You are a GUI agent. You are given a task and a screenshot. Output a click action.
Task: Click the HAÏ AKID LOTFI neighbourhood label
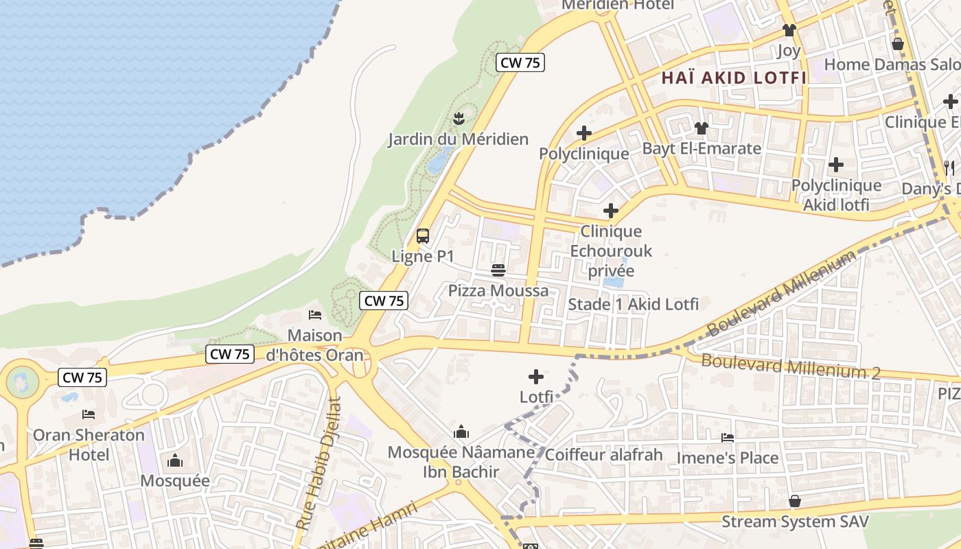tap(734, 78)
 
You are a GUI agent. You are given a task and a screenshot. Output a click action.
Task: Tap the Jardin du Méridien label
tap(458, 139)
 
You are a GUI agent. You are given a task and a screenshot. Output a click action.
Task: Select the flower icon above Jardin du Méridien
tap(459, 117)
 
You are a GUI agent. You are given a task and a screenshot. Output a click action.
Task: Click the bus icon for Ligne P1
tap(423, 236)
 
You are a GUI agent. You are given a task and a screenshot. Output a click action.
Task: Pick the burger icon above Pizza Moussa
tap(498, 270)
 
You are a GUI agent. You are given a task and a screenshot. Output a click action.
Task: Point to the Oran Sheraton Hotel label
tap(89, 444)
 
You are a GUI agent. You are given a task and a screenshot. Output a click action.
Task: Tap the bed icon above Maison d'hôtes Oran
tap(315, 315)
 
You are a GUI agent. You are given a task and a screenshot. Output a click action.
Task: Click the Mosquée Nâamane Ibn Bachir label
tap(461, 462)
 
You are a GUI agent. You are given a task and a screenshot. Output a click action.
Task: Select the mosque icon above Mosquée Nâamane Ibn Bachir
tap(461, 432)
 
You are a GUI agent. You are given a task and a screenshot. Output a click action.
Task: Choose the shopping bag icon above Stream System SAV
tap(795, 501)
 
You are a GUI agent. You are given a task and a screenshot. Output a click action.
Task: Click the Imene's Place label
tap(728, 458)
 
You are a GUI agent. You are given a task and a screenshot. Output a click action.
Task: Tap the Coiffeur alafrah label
tap(604, 454)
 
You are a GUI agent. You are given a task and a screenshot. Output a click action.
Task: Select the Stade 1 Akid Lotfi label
tap(634, 304)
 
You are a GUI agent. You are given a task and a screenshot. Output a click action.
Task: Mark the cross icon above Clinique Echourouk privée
tap(611, 210)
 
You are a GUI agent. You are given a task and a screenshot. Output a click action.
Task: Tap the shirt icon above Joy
tap(789, 30)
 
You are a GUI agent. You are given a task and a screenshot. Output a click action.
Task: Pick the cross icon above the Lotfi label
tap(536, 376)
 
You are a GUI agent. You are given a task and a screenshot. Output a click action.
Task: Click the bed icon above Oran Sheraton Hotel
tap(89, 414)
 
